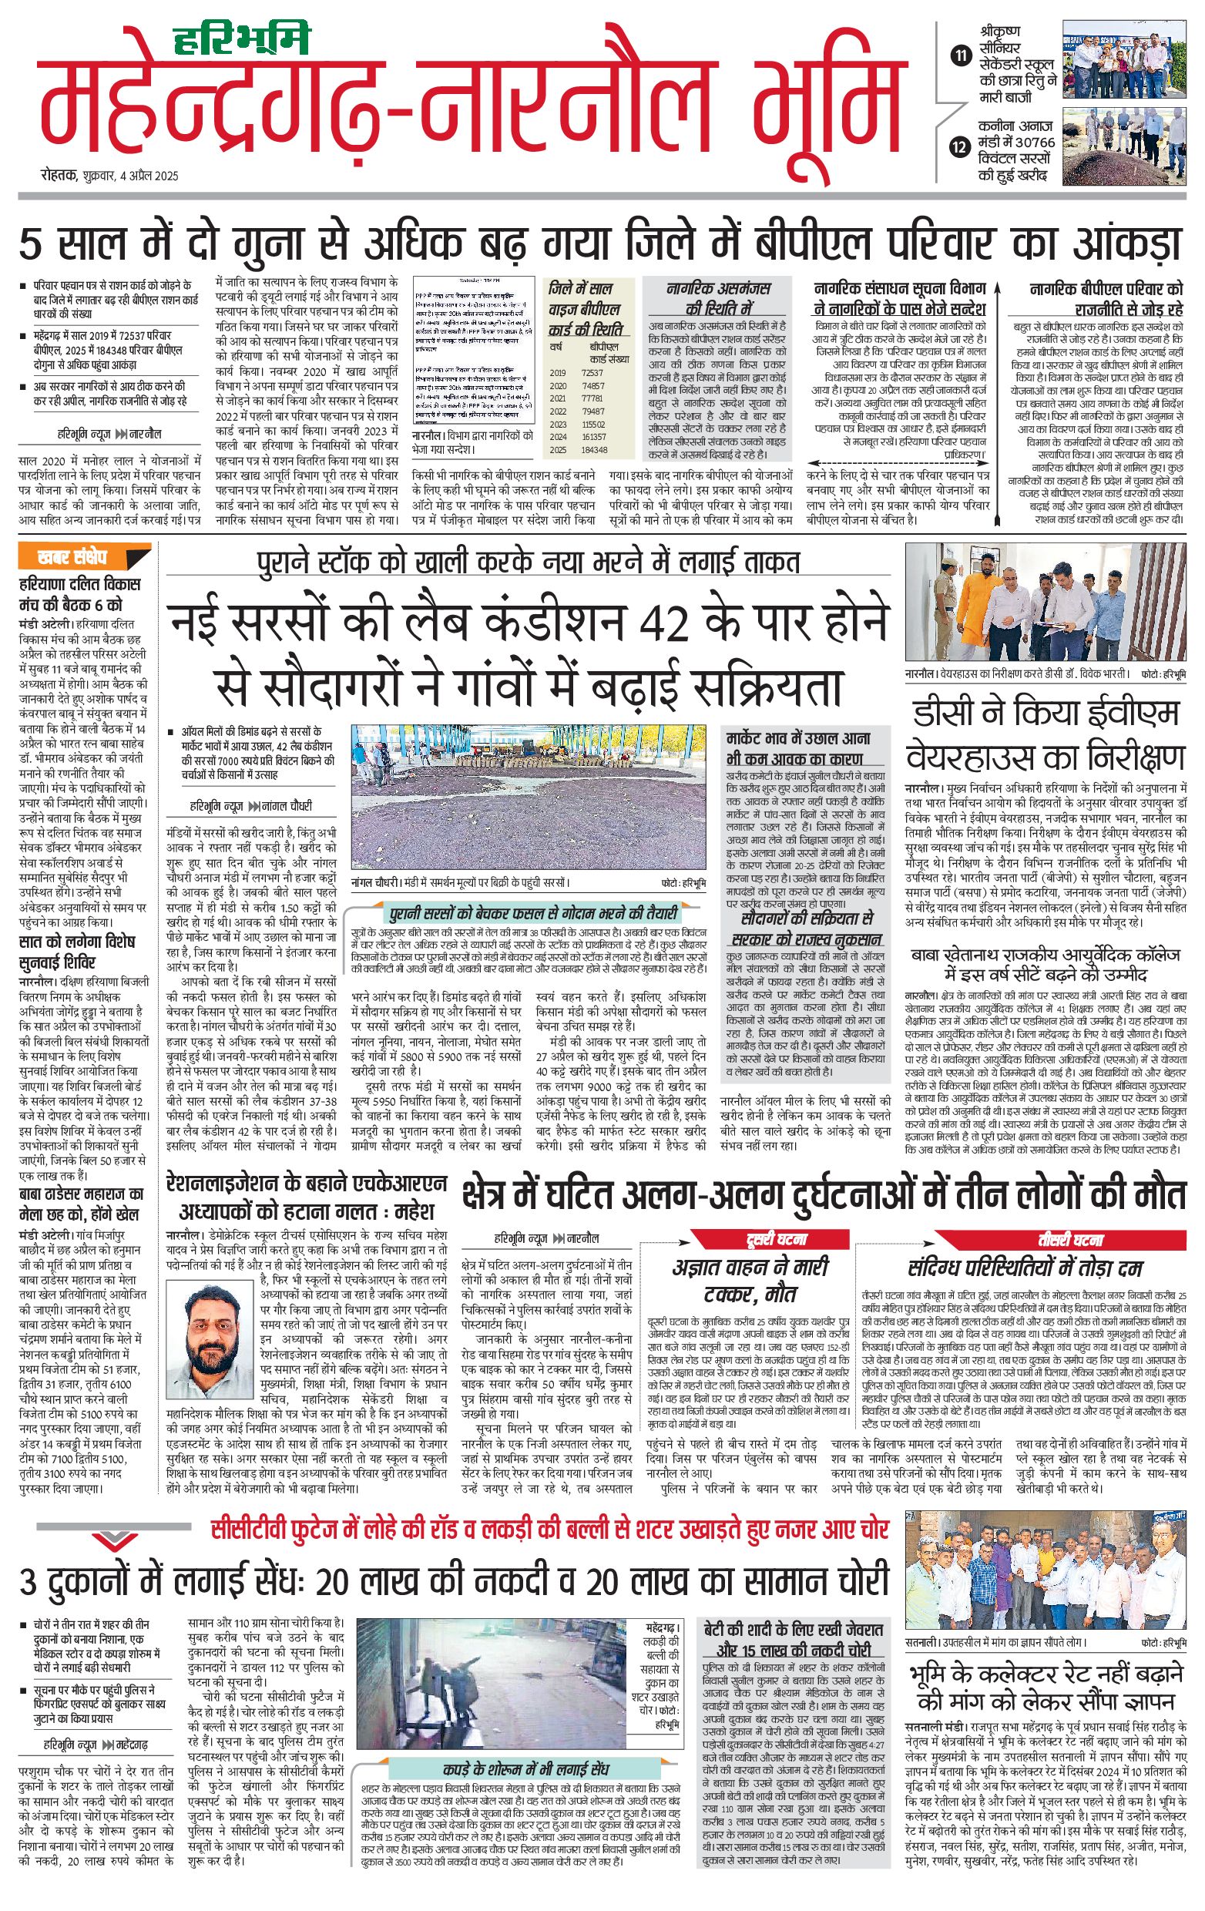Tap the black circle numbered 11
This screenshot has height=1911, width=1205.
(x=962, y=55)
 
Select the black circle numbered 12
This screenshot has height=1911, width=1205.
(x=962, y=147)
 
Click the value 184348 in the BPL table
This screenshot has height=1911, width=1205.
(x=593, y=450)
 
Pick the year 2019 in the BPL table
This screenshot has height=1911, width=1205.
(x=558, y=372)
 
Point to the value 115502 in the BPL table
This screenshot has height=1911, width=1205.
(x=593, y=425)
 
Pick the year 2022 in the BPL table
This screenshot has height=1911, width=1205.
(x=558, y=411)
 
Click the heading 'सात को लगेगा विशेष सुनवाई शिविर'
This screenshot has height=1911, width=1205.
(x=77, y=952)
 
